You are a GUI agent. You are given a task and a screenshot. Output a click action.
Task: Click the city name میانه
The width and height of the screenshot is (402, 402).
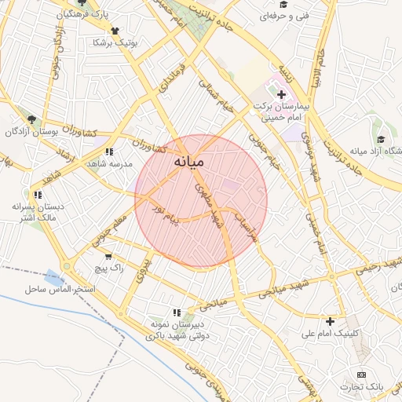point(188,162)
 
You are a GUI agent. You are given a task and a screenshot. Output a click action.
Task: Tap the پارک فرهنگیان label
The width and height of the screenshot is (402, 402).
point(84,16)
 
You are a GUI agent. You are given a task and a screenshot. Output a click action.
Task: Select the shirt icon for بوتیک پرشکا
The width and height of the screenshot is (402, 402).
point(116,31)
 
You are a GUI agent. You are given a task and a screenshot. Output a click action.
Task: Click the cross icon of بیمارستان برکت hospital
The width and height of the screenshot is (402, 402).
point(282,94)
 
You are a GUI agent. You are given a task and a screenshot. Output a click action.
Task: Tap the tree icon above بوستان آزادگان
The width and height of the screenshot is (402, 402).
point(31,119)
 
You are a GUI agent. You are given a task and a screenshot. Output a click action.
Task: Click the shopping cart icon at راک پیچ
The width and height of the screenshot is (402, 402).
point(108,256)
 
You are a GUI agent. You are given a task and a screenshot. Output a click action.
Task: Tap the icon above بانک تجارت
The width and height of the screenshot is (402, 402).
point(361,375)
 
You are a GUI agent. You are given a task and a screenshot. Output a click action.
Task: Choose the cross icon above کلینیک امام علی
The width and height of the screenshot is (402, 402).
point(330,321)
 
